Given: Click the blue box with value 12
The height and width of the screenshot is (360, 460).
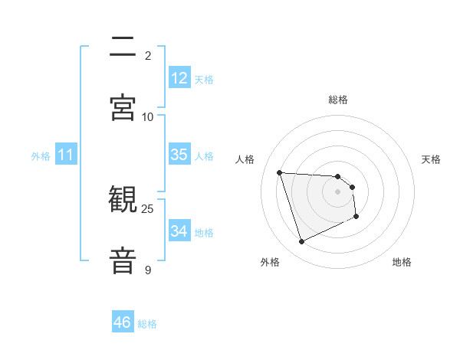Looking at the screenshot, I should click(x=179, y=78).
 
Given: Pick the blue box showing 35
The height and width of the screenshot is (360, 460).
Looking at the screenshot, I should click(x=179, y=155).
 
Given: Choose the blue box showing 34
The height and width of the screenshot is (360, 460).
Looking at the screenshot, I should click(x=179, y=231).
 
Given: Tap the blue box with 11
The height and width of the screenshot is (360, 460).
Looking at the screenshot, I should click(x=66, y=155).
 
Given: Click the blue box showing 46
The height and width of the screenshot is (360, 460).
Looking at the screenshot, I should click(x=123, y=322).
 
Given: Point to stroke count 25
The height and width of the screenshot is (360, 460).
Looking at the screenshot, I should click(x=148, y=209).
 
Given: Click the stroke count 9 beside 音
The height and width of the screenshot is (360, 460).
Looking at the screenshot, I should click(x=148, y=270).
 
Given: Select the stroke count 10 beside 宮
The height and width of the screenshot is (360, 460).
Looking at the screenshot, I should click(x=148, y=116).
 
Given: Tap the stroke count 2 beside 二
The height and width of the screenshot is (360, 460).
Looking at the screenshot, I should click(x=148, y=55).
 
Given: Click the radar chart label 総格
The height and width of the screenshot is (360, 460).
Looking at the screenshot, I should click(x=338, y=100).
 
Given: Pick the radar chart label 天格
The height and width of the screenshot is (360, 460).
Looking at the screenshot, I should click(x=432, y=159).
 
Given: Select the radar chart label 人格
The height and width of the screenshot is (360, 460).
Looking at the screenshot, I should click(x=245, y=159).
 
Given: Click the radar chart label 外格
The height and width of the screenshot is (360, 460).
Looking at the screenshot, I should click(x=270, y=262).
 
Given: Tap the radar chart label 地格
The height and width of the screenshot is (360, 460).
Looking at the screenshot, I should click(x=402, y=262).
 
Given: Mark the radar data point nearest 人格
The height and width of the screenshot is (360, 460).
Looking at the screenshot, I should click(x=280, y=172).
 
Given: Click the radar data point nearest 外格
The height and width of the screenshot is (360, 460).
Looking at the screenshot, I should click(x=301, y=242).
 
